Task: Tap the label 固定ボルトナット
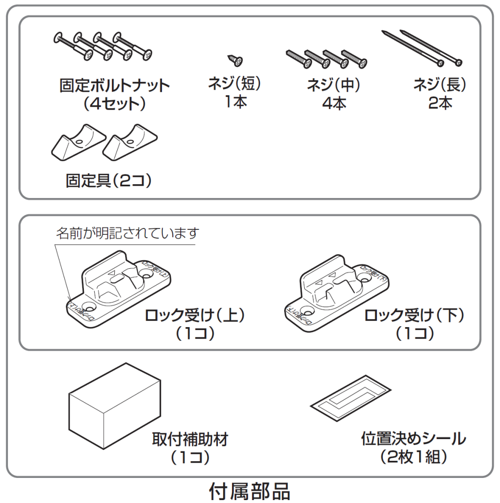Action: (x=114, y=86)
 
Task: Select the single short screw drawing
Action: (x=235, y=60)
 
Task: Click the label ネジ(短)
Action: (x=235, y=84)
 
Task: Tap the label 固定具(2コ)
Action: (x=108, y=181)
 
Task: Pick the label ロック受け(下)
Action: (x=414, y=315)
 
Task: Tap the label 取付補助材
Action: (x=190, y=439)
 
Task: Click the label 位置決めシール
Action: (x=413, y=439)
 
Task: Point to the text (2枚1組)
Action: (x=413, y=457)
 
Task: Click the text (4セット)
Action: (x=114, y=104)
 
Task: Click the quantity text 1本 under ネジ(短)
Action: (x=235, y=103)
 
